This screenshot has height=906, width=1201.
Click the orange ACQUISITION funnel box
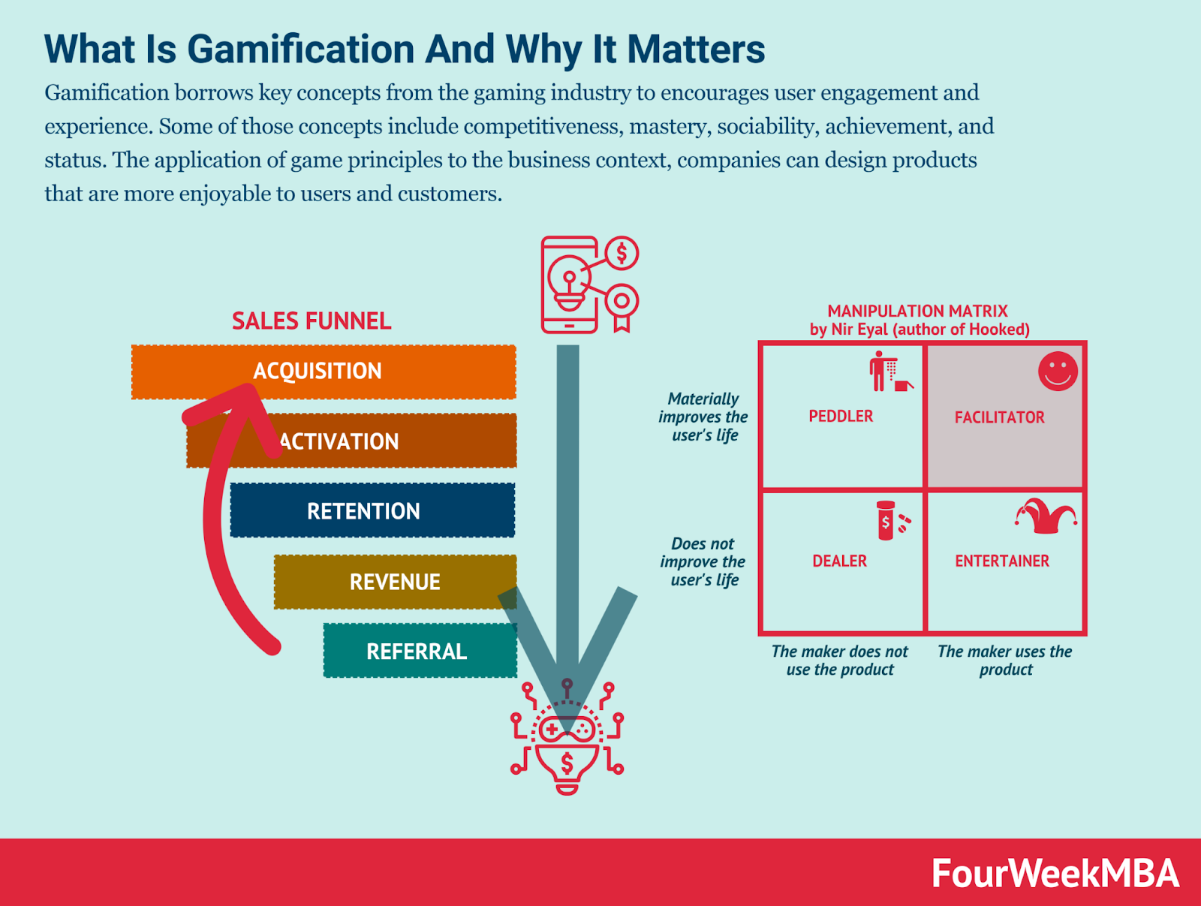pyautogui.click(x=323, y=372)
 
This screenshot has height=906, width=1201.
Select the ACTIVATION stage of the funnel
pyautogui.click(x=353, y=441)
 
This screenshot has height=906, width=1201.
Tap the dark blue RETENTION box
pyautogui.click(x=372, y=511)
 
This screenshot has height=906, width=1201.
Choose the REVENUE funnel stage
pyautogui.click(x=395, y=582)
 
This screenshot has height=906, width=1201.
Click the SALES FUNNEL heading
pyautogui.click(x=312, y=321)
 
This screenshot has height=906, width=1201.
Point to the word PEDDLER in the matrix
pyautogui.click(x=841, y=417)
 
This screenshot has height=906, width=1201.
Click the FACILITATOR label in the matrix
pyautogui.click(x=999, y=417)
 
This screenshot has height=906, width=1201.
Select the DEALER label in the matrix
pyautogui.click(x=839, y=561)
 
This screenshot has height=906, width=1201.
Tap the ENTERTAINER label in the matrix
pyautogui.click(x=1002, y=561)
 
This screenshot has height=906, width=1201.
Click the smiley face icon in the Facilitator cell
pyautogui.click(x=1058, y=371)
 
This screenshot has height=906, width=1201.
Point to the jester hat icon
pyautogui.click(x=1046, y=516)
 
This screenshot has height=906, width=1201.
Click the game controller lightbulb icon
pyautogui.click(x=567, y=739)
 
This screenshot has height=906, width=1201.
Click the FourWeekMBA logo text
pyautogui.click(x=1055, y=874)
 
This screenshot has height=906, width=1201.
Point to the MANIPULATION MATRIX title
pyautogui.click(x=917, y=311)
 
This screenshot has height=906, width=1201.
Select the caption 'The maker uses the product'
pyautogui.click(x=1004, y=661)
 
